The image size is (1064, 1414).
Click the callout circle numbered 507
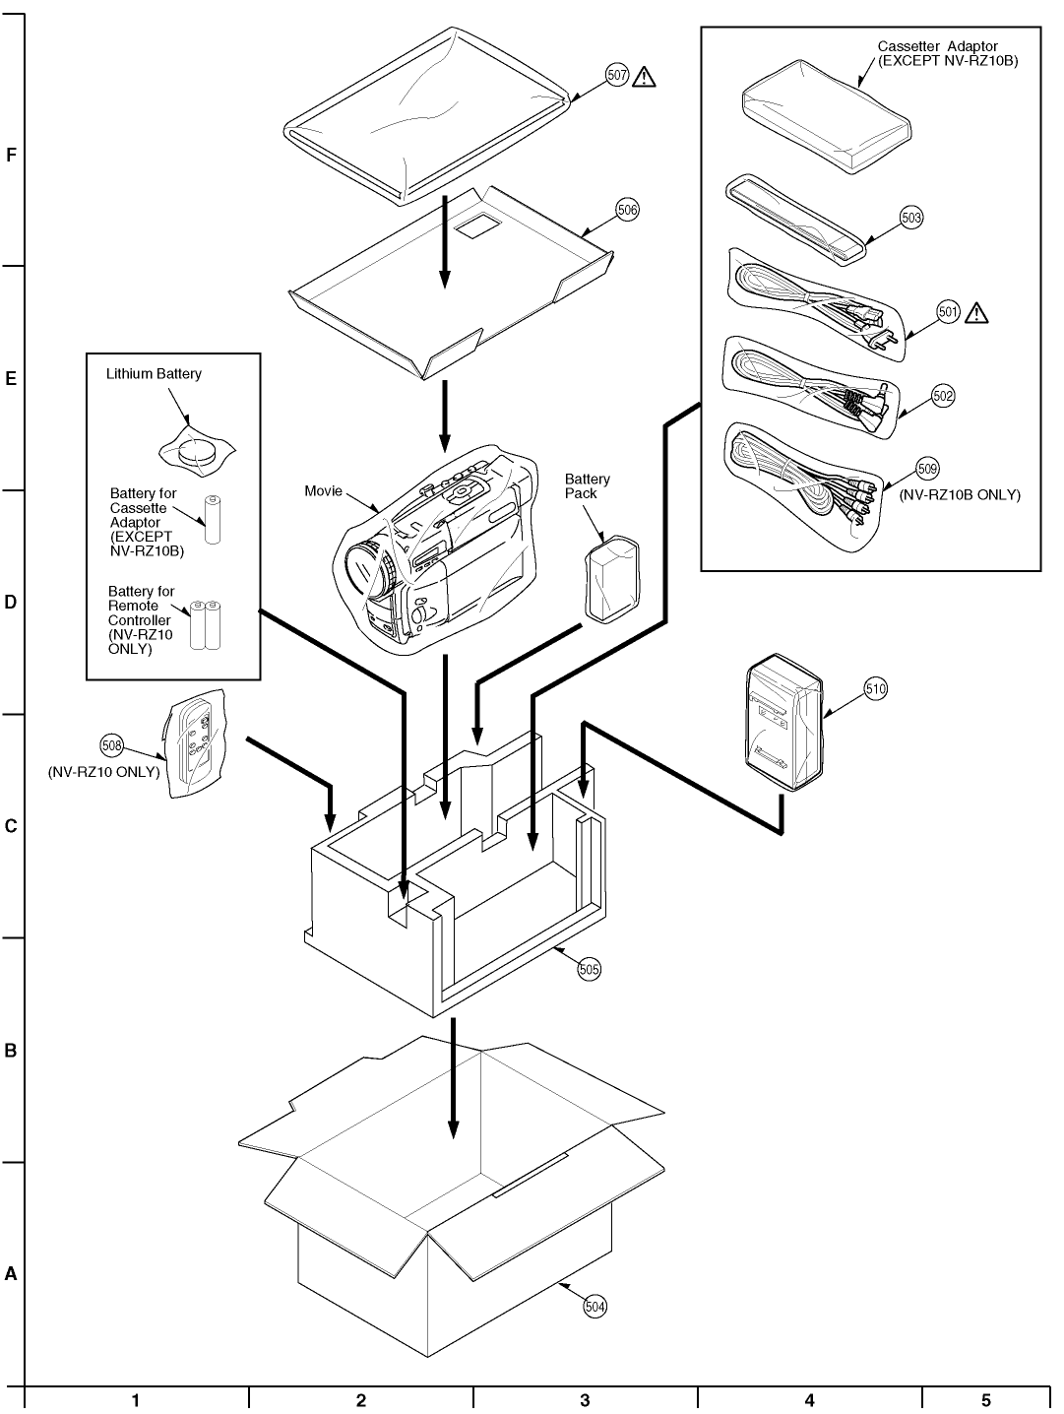coord(616,76)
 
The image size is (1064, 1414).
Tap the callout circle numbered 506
coord(627,210)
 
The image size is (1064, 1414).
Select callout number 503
coord(911,218)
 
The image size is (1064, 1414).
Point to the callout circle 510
coord(875,688)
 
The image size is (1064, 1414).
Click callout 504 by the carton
coord(595,1306)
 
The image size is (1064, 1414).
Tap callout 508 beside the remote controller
coord(111,745)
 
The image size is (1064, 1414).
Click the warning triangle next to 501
coord(976,312)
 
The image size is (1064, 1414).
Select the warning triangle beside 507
coord(644,76)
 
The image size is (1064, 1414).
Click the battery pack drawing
coord(612,581)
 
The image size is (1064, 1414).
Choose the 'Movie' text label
coord(323,491)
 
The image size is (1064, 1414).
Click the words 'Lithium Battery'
coord(154,373)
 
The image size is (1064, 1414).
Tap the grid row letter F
coord(11,155)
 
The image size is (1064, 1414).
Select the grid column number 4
coord(809,1400)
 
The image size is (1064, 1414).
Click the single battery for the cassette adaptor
coord(213,519)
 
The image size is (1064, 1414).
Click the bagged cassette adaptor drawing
coord(827,116)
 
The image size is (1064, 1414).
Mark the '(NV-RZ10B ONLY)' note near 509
coord(960,494)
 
